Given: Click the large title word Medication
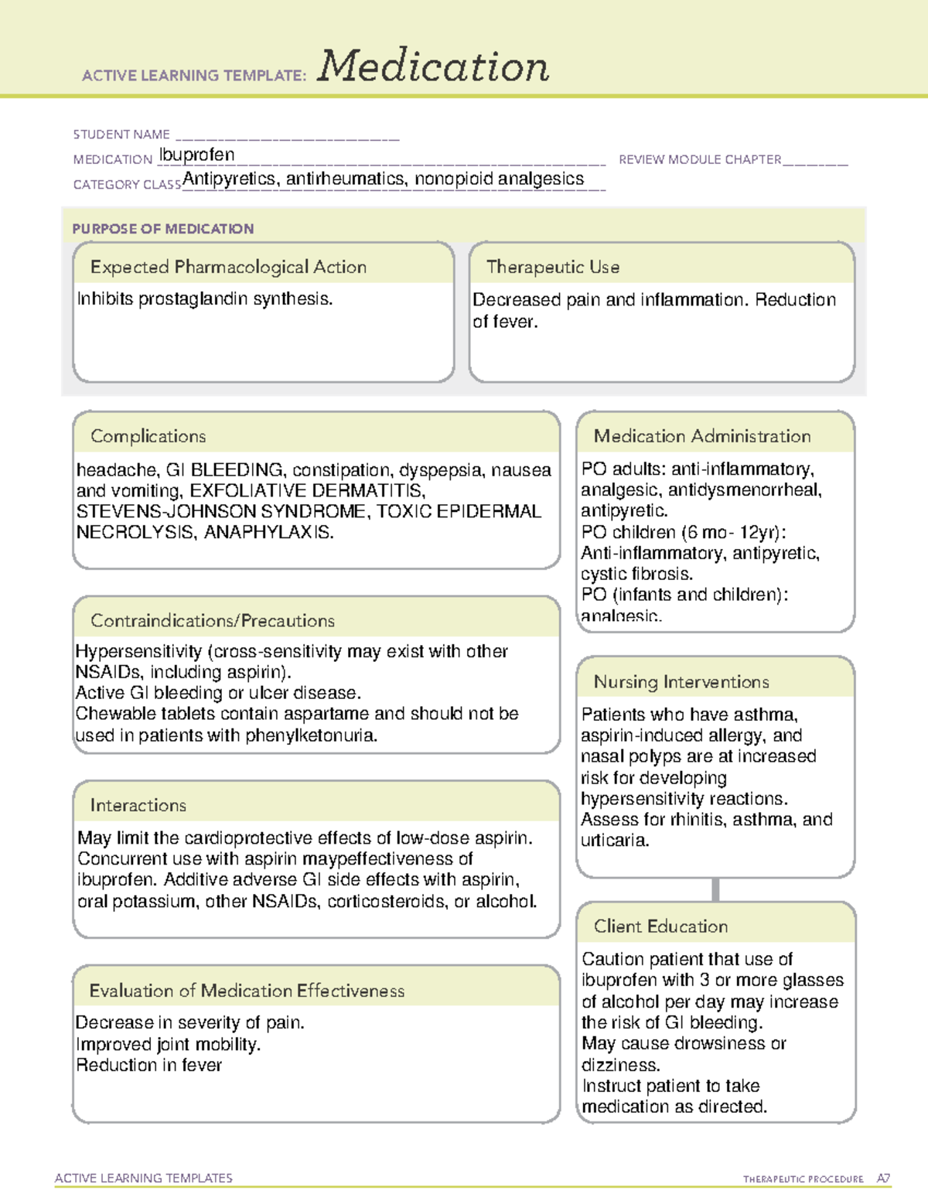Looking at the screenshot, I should click(432, 67).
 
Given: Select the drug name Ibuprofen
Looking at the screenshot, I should click(196, 155).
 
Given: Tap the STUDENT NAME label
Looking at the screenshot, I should click(121, 135).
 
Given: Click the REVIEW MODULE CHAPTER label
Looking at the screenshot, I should click(700, 159).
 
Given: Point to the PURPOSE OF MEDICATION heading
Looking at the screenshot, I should click(162, 229).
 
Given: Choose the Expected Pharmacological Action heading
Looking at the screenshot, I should click(228, 267).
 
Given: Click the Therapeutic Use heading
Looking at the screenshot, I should click(552, 267).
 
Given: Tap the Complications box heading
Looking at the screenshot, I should click(148, 436).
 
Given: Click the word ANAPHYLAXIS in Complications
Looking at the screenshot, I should click(268, 532).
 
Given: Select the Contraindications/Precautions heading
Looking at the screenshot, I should click(212, 620).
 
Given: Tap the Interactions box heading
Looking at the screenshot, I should click(138, 805).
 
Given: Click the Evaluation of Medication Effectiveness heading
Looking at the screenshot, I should click(247, 991).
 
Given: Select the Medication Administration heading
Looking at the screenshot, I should click(702, 436).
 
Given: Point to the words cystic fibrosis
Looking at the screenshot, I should click(636, 574).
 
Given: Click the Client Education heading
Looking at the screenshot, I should click(660, 926).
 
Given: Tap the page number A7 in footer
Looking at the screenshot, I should click(883, 1179).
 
